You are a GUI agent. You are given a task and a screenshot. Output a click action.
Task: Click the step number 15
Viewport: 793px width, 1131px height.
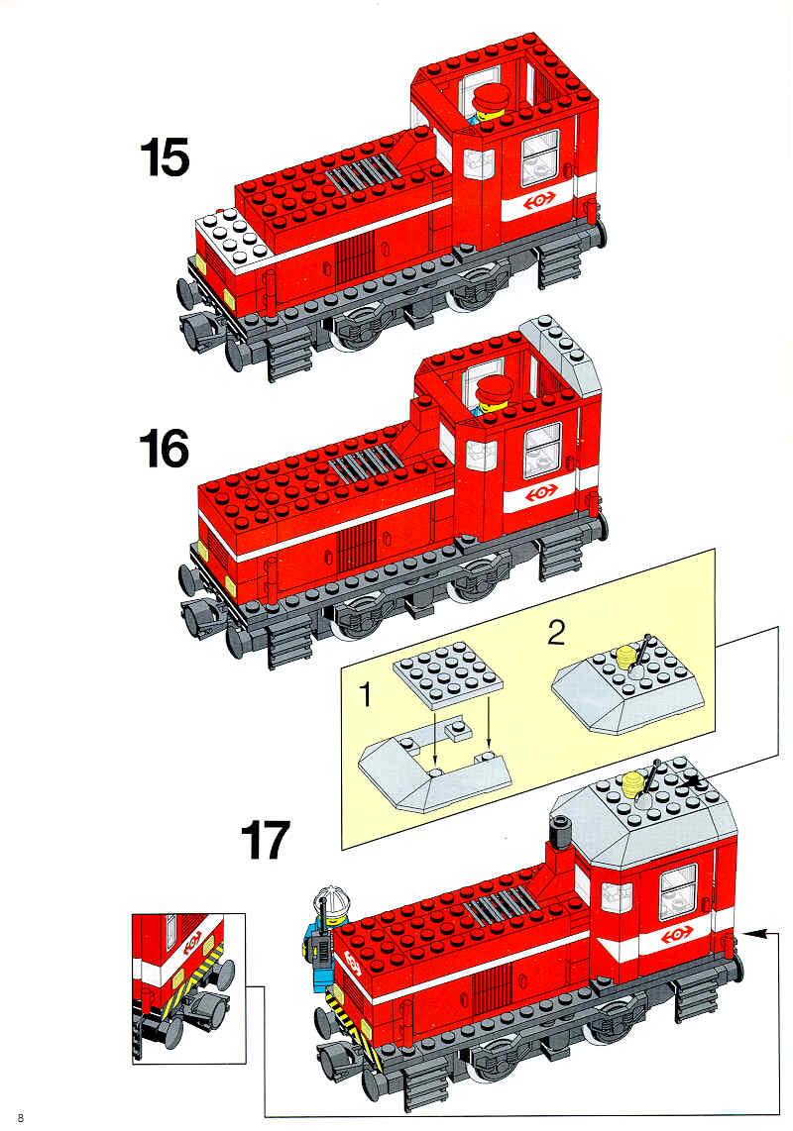pos(165,157)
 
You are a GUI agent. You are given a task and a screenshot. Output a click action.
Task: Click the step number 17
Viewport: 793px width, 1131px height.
pos(265,840)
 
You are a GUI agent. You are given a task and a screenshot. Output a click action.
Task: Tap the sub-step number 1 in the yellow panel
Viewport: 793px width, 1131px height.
pos(366,694)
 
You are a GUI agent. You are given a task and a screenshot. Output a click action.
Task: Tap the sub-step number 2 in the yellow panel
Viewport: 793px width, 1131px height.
pos(555,633)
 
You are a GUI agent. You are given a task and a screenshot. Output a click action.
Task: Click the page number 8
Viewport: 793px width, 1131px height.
pos(20,1118)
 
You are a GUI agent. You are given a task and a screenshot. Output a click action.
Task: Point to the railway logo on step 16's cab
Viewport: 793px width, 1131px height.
pos(541,492)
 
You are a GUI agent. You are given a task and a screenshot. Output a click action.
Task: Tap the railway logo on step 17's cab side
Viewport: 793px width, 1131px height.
pos(676,934)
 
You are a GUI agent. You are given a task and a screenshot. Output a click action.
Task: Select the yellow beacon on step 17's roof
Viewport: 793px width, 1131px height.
pos(631,783)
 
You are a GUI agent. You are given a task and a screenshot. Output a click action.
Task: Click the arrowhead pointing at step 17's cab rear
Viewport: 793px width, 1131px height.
pos(753,933)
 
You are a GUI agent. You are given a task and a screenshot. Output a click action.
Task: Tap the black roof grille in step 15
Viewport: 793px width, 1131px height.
pos(361,173)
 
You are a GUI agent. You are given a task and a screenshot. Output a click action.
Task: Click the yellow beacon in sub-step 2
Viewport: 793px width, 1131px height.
pos(626,659)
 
